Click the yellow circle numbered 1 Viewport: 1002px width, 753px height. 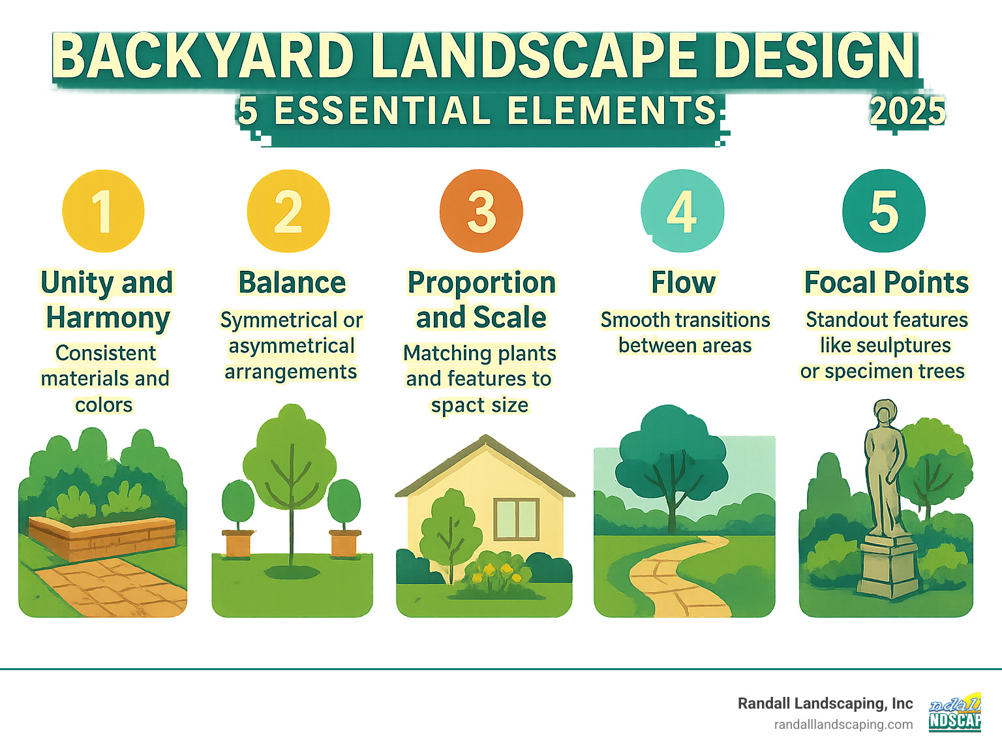pyautogui.click(x=103, y=211)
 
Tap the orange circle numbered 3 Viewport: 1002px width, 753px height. pyautogui.click(x=481, y=211)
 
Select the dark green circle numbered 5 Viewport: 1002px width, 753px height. pyautogui.click(x=884, y=211)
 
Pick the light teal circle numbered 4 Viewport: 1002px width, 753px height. pyautogui.click(x=682, y=211)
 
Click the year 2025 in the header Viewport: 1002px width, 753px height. pyautogui.click(x=907, y=112)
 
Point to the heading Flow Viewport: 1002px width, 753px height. pyautogui.click(x=684, y=283)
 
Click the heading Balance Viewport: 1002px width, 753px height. pyautogui.click(x=292, y=283)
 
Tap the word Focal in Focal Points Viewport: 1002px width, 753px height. pyautogui.click(x=840, y=283)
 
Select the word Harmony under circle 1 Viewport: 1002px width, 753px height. pyautogui.click(x=108, y=318)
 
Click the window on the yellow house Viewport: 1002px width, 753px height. pyautogui.click(x=516, y=519)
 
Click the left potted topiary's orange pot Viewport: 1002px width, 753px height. pyautogui.click(x=238, y=544)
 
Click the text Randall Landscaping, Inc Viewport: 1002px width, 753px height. pyautogui.click(x=825, y=703)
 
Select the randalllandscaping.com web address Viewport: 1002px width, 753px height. pyautogui.click(x=843, y=725)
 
